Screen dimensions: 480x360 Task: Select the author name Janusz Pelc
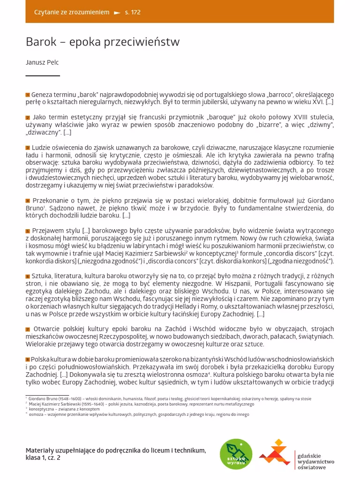[x=42, y=62]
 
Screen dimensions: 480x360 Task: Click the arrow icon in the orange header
[x=117, y=13]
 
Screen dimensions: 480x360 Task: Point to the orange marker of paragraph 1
[x=28, y=95]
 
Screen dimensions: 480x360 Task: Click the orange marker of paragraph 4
[x=28, y=201]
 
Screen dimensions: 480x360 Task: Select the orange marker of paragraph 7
[x=28, y=330]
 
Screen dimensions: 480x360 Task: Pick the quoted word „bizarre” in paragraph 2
[x=272, y=125]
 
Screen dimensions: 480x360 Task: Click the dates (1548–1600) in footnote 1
[x=65, y=399]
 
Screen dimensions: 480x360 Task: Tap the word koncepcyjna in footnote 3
[x=42, y=409]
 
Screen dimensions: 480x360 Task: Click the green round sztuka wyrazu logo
[x=236, y=454]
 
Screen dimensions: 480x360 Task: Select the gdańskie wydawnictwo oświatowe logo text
[x=315, y=461]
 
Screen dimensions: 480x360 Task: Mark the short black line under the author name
[x=43, y=75]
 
